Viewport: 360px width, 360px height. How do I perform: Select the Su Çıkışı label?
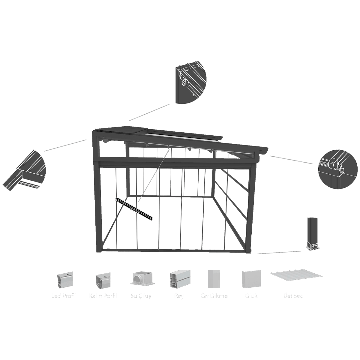tap(142, 296)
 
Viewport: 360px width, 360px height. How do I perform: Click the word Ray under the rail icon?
tap(179, 296)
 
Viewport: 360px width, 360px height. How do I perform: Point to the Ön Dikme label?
tap(214, 296)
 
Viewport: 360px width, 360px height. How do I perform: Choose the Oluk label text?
tap(251, 296)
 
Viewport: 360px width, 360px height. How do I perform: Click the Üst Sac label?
tap(293, 296)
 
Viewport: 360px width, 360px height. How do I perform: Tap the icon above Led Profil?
tap(65, 280)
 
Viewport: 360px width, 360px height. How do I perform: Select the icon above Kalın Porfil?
tap(103, 280)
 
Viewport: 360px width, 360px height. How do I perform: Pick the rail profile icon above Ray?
tap(180, 279)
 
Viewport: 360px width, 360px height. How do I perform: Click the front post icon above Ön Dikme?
tap(214, 279)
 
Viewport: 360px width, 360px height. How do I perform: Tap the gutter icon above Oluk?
tap(251, 279)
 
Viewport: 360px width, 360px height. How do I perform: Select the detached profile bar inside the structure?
tap(134, 208)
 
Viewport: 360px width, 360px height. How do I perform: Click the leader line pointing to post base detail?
tap(279, 252)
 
